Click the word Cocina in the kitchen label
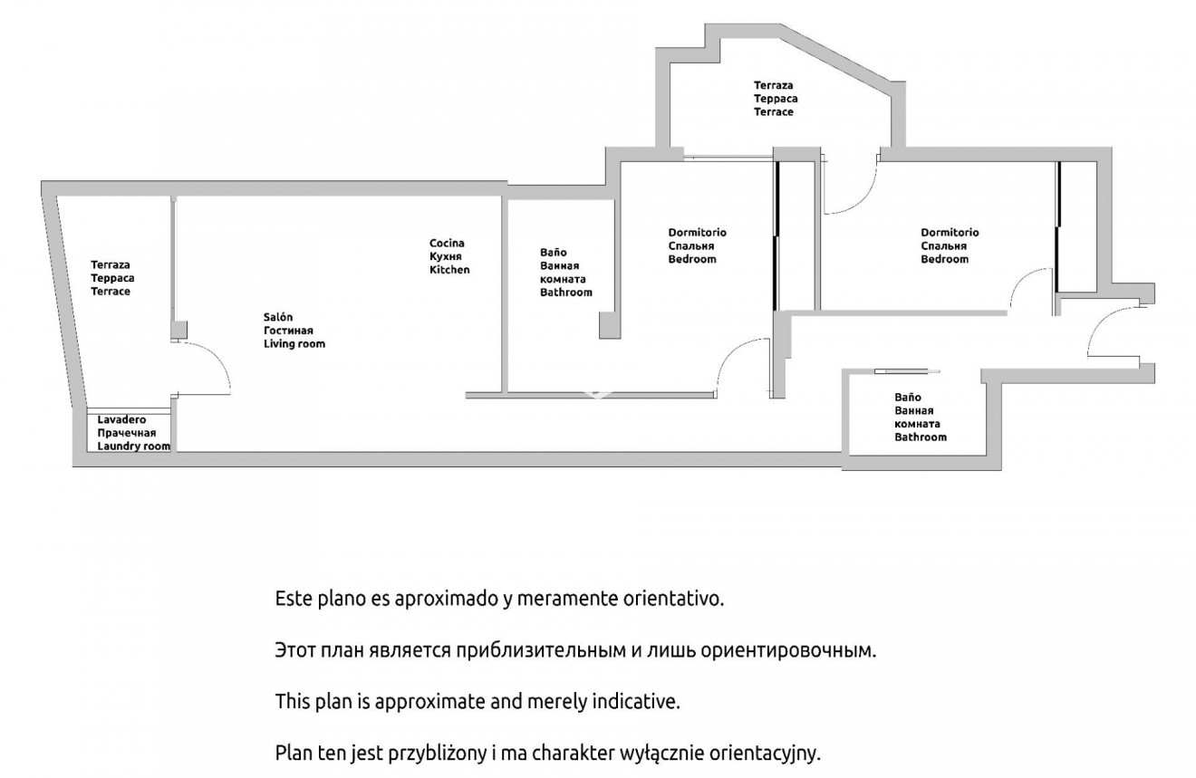pyautogui.click(x=447, y=244)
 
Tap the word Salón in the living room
pyautogui.click(x=278, y=317)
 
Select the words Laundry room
pyautogui.click(x=133, y=447)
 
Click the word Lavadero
pyautogui.click(x=121, y=420)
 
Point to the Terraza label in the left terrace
pyautogui.click(x=110, y=264)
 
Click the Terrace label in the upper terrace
pyautogui.click(x=773, y=112)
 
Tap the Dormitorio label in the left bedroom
pyautogui.click(x=698, y=233)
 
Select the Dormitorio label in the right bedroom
pyautogui.click(x=950, y=233)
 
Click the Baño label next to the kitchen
pyautogui.click(x=553, y=253)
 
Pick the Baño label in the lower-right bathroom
pyautogui.click(x=908, y=398)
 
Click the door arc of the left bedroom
pyautogui.click(x=743, y=366)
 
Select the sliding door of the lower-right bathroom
pyautogui.click(x=907, y=371)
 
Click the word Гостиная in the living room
pyautogui.click(x=288, y=331)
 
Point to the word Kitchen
pyautogui.click(x=449, y=270)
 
